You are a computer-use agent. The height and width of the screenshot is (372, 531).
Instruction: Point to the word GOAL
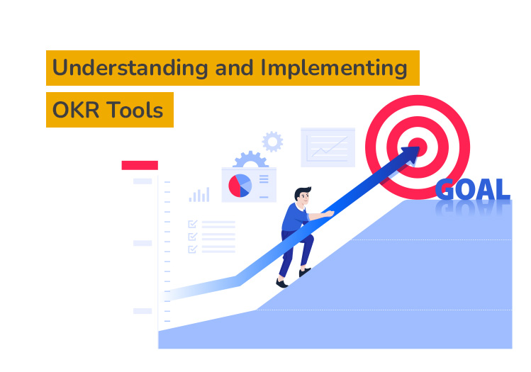(x=472, y=190)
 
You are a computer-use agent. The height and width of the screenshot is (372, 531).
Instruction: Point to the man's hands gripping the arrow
(x=327, y=213)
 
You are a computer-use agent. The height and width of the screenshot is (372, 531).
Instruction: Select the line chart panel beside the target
(x=328, y=147)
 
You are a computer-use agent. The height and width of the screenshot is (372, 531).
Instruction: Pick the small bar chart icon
(x=199, y=194)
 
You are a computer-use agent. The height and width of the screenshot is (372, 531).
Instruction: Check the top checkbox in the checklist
(x=192, y=224)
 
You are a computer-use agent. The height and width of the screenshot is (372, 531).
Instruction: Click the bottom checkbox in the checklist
(x=192, y=249)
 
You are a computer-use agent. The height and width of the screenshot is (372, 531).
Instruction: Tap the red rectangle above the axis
(x=140, y=165)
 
